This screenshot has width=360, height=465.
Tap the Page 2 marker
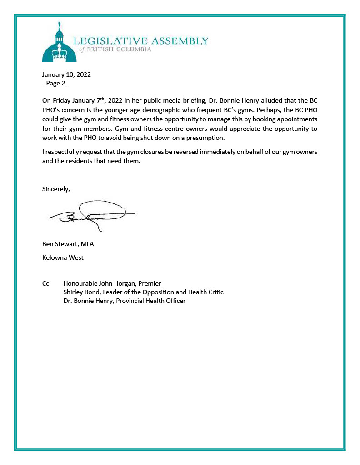click(55, 83)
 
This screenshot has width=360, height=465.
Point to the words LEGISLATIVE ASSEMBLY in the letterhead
click(140, 41)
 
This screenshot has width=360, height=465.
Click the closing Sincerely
click(56, 189)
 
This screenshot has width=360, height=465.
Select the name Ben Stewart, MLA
click(68, 244)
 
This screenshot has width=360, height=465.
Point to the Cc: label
click(46, 284)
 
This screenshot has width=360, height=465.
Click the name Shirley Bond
click(81, 292)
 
